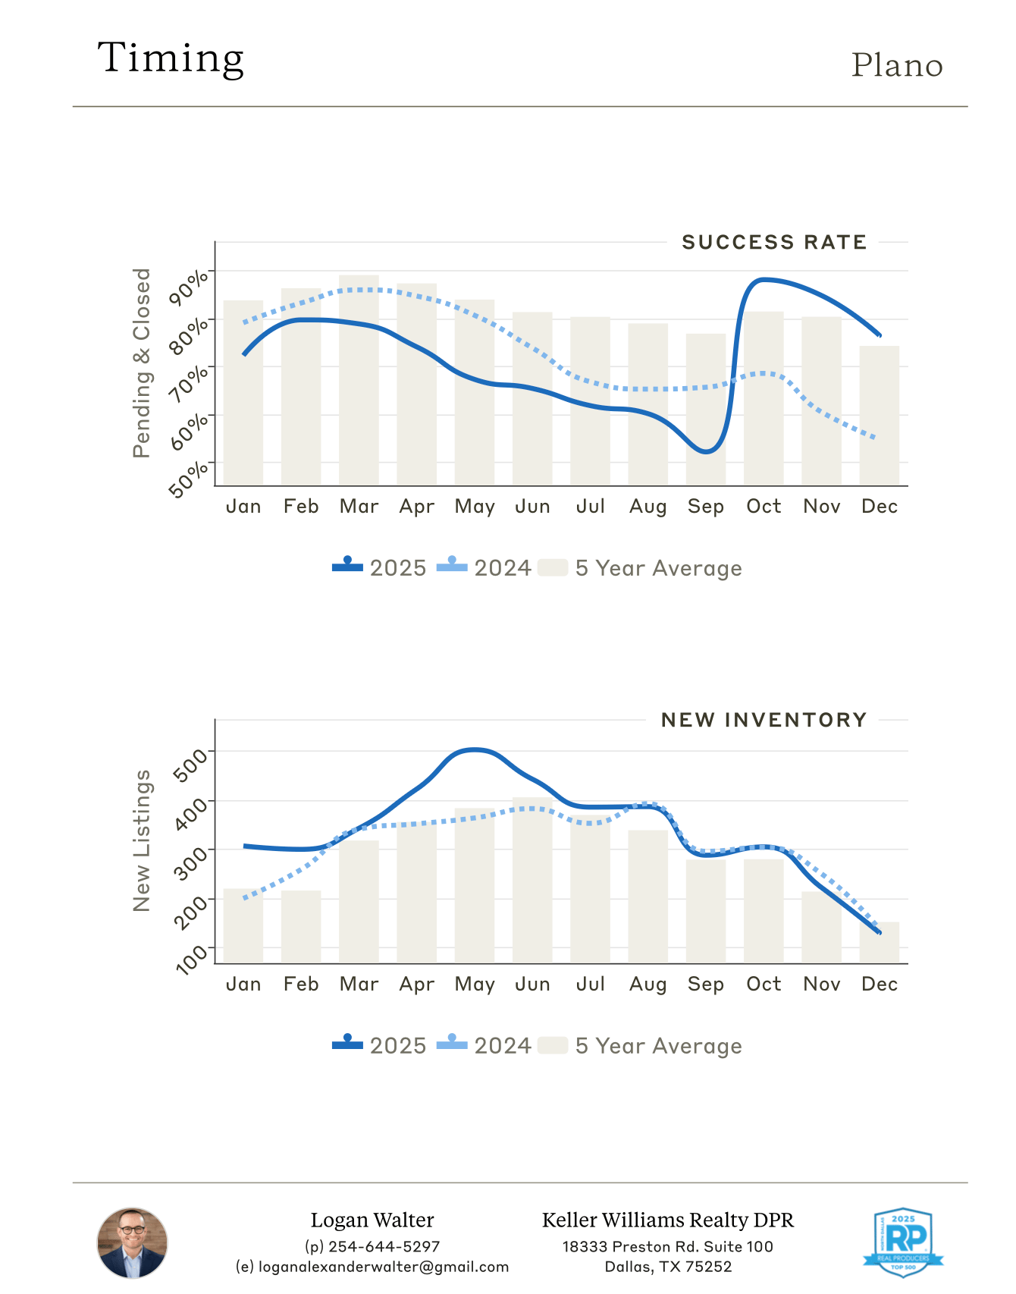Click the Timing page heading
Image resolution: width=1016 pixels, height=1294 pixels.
171,58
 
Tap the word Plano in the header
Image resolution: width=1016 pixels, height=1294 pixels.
897,66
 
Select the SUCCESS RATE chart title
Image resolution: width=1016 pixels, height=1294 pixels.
773,243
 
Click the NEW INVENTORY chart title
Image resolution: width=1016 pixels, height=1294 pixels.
764,720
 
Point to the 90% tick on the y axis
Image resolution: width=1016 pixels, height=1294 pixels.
188,286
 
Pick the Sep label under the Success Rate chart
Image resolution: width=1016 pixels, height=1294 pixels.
705,507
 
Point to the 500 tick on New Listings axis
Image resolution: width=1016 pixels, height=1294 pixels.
190,764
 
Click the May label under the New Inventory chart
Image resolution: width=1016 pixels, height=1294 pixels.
475,985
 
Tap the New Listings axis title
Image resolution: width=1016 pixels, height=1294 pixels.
142,840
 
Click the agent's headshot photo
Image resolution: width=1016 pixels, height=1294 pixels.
132,1243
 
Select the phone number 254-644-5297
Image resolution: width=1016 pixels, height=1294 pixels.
372,1247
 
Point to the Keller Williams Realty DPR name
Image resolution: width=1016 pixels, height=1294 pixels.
667,1220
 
